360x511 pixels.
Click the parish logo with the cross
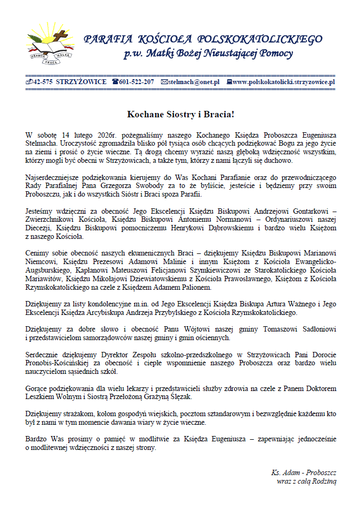pos(51,43)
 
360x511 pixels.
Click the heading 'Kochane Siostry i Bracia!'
pos(180,114)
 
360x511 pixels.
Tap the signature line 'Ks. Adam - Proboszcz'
pos(303,473)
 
